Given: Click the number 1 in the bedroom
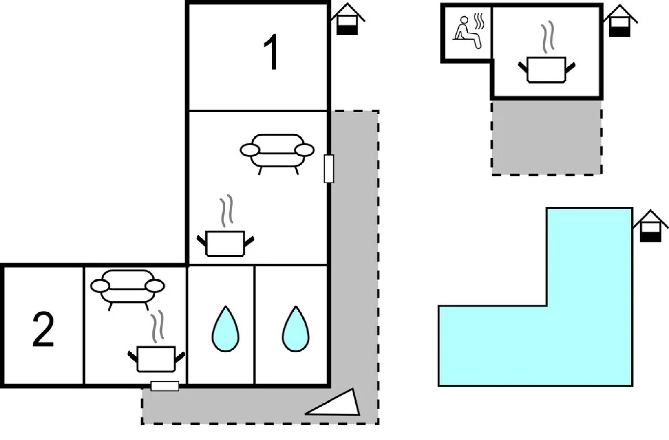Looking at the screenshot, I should point(272,53).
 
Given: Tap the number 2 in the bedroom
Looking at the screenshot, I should point(43,330).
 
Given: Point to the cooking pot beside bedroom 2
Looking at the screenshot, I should point(156,359).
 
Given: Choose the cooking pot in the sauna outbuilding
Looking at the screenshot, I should point(546,70).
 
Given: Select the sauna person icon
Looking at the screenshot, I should point(467,33).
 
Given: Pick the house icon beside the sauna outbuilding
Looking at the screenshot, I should point(620,21).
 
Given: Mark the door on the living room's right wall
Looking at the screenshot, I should point(329,169).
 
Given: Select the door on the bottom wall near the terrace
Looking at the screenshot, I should point(165,386).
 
